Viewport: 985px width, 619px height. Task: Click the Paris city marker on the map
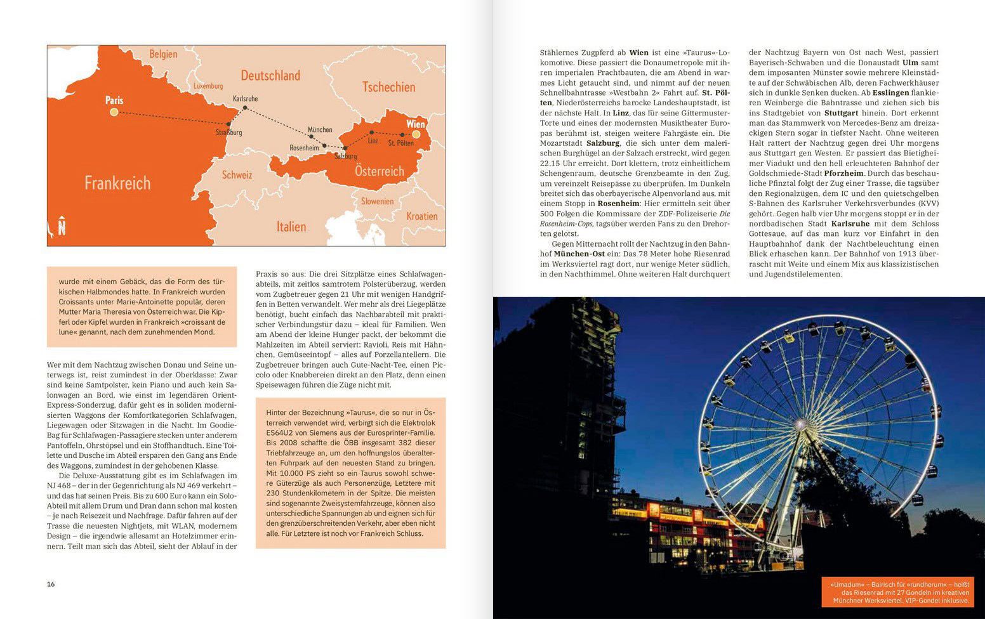click(x=114, y=112)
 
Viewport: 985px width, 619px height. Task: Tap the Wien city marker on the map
click(x=416, y=134)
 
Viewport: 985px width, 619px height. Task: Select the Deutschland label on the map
click(x=270, y=75)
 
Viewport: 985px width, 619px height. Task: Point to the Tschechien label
click(x=388, y=87)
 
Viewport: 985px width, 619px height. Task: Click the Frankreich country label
click(x=117, y=183)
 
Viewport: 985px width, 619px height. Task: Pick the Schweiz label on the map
click(x=237, y=175)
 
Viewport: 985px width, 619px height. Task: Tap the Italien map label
click(x=291, y=226)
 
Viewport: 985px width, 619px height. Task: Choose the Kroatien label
click(x=422, y=216)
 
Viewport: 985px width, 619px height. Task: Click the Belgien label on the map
click(x=163, y=54)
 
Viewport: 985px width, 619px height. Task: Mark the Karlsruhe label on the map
click(x=246, y=99)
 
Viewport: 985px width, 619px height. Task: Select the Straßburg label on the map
click(x=228, y=133)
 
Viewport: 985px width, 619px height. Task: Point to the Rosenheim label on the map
click(x=304, y=148)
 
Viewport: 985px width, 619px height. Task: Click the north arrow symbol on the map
click(x=62, y=225)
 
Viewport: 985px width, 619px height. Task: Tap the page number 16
click(x=51, y=584)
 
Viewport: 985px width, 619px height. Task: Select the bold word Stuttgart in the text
click(x=842, y=113)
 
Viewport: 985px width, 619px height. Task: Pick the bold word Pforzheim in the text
click(x=844, y=173)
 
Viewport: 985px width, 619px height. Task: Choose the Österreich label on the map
click(x=380, y=171)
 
